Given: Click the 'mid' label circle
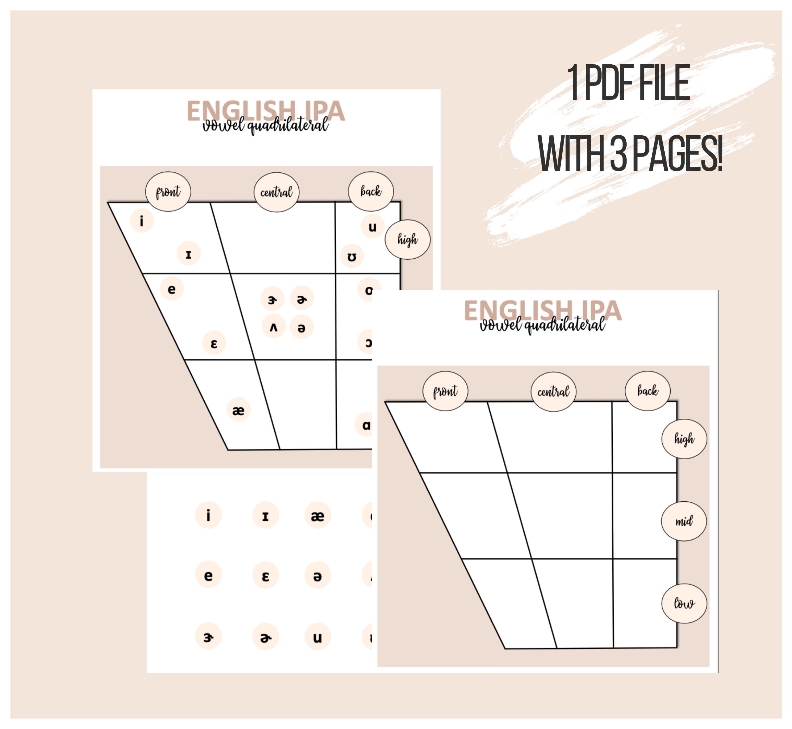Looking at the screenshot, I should click(683, 521).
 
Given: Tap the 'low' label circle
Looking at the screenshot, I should click(684, 603).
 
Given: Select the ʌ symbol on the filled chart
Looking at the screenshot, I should click(273, 327).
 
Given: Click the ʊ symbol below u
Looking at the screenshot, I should click(351, 256).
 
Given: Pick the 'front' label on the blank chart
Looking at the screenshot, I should click(445, 391).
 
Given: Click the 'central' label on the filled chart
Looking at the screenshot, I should click(276, 192).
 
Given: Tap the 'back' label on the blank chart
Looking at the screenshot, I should click(647, 390).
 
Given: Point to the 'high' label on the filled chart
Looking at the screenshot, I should click(407, 239).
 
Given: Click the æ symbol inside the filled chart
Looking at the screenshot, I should click(238, 410).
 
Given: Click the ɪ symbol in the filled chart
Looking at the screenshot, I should click(188, 254).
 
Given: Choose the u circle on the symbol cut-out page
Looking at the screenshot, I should click(317, 637).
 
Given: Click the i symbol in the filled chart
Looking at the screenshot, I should click(142, 221).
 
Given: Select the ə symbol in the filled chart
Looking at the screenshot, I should click(301, 327).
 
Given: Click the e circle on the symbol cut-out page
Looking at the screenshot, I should click(208, 576).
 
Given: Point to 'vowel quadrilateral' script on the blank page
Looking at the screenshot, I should click(542, 325).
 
